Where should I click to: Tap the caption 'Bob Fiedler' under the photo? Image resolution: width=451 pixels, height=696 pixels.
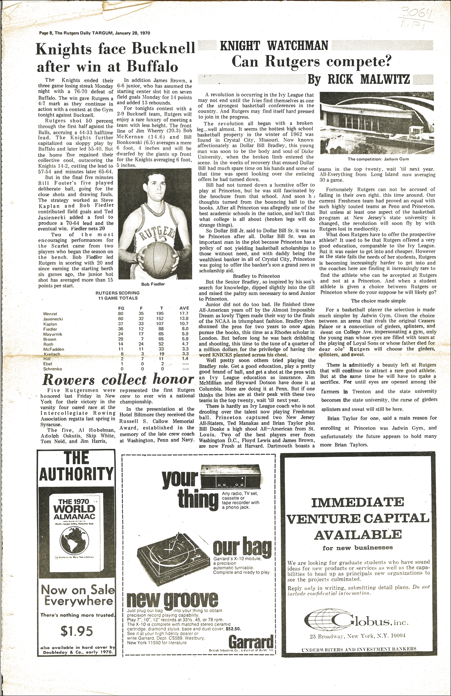tap(153, 284)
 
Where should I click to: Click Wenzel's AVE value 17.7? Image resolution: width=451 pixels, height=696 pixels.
tap(184, 313)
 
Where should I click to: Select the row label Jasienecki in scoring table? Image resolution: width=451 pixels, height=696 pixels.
tap(53, 319)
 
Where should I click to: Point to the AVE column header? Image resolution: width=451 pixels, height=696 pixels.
tap(184, 308)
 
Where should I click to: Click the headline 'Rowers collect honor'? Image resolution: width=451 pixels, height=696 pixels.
tap(118, 379)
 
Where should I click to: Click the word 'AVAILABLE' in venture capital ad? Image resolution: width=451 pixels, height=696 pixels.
tap(358, 534)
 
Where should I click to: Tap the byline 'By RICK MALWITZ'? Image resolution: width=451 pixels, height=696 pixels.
tap(359, 80)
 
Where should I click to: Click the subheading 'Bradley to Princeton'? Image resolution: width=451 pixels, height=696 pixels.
tap(256, 276)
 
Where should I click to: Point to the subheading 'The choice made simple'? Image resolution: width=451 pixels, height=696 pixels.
tap(378, 301)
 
